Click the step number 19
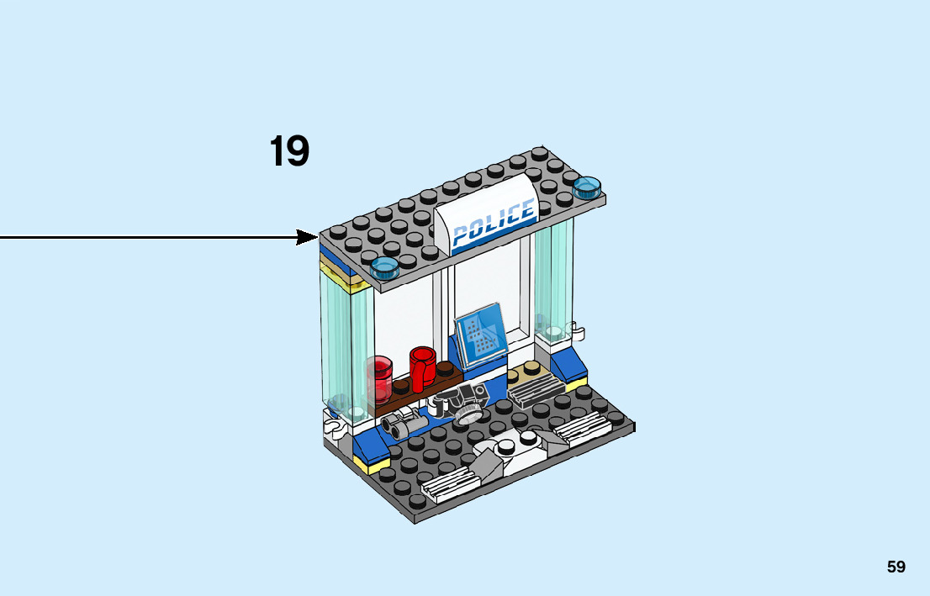tap(289, 152)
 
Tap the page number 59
tap(896, 567)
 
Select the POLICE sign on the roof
tap(493, 220)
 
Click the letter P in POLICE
tap(460, 235)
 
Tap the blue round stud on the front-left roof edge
tap(384, 267)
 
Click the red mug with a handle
tap(422, 367)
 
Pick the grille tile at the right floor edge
tap(581, 427)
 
